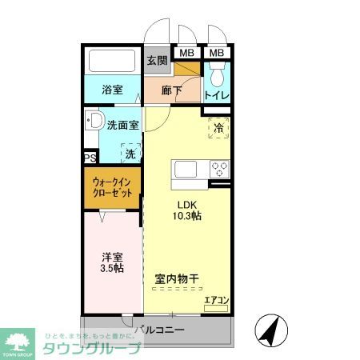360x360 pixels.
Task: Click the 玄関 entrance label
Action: [x=156, y=60]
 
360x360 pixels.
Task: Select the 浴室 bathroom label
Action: [x=112, y=90]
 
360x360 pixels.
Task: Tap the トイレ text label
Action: [x=217, y=96]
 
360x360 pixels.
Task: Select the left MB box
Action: [x=186, y=54]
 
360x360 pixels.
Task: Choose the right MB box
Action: [x=217, y=54]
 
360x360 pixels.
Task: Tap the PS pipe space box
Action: [x=90, y=158]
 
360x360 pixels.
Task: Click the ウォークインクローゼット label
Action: [x=112, y=189]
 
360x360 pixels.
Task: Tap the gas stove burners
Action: [x=218, y=170]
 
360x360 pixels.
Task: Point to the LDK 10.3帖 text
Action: [x=188, y=210]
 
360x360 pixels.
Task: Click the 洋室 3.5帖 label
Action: [x=111, y=262]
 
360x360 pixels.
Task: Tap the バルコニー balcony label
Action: [x=159, y=330]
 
